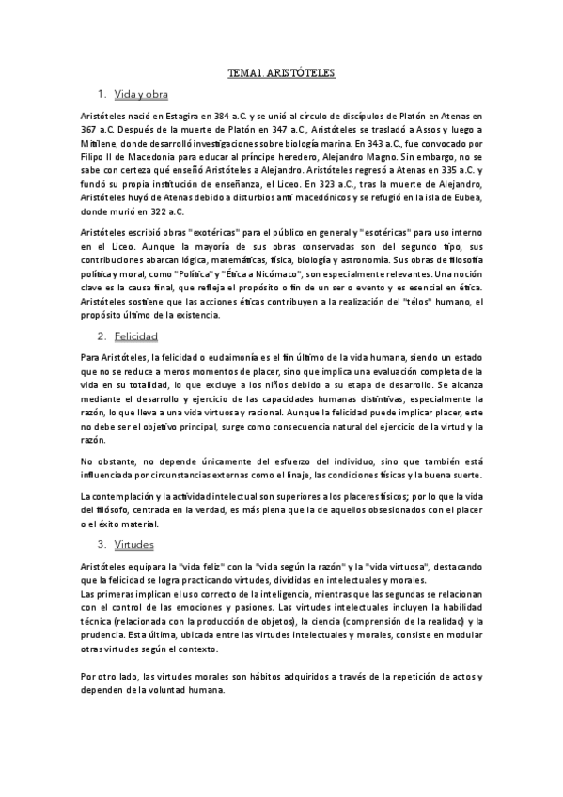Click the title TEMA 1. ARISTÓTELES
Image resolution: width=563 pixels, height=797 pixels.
pyautogui.click(x=282, y=72)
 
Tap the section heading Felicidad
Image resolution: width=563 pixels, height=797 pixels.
pyautogui.click(x=135, y=336)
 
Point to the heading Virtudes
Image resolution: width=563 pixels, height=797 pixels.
pyautogui.click(x=133, y=544)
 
